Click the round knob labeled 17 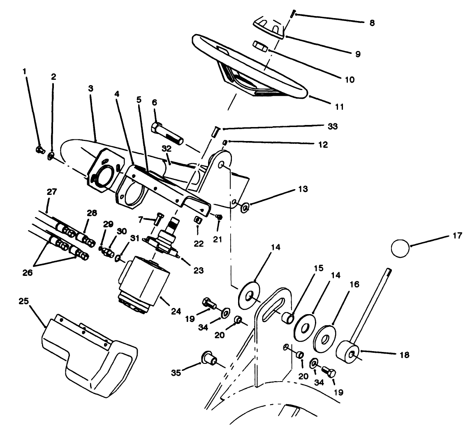(x=400, y=249)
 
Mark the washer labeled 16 (x=325, y=338)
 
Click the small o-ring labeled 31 (x=118, y=258)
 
